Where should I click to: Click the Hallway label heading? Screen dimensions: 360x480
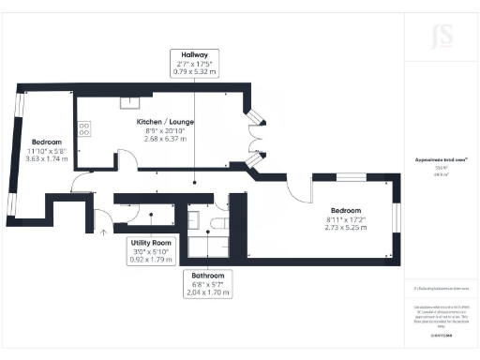pos(194,53)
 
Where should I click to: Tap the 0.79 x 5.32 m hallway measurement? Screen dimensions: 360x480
pos(194,70)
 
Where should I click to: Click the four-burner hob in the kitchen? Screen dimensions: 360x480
pos(84,128)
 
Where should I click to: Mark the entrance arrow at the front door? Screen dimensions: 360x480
pos(100,229)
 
